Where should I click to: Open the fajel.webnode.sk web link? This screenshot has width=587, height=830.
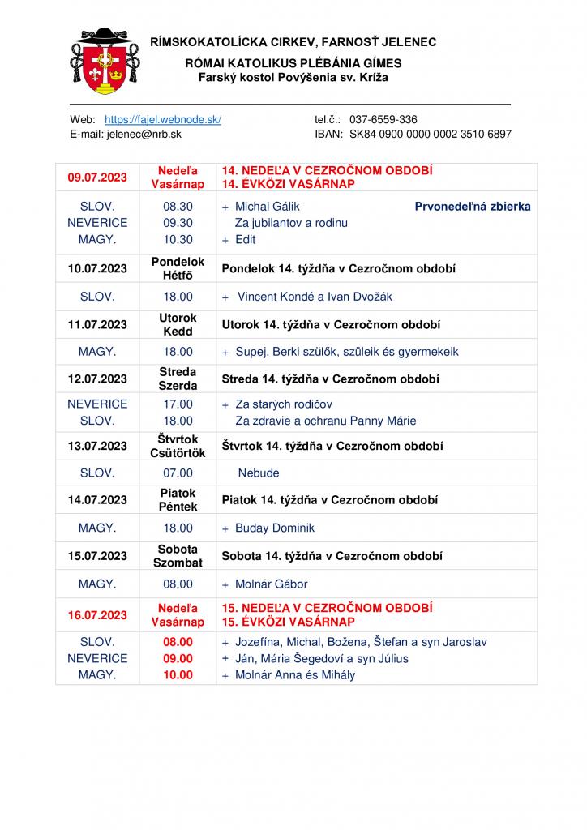point(163,119)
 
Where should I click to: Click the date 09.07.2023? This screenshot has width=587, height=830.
point(97,178)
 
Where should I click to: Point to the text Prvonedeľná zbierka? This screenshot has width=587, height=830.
point(473,207)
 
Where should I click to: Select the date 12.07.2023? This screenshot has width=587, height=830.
point(97,379)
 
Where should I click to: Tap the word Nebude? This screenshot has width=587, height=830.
point(259,473)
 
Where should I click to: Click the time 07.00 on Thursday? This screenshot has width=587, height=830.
point(178,473)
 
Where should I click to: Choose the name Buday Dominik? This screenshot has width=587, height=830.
point(275,528)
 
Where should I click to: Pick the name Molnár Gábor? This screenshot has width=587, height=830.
point(272,584)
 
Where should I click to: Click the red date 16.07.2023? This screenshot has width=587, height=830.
point(97,615)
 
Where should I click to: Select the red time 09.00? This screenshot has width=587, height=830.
point(178,658)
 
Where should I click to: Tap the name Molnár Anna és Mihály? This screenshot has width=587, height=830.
point(295,674)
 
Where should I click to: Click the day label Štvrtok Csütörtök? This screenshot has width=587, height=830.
point(178,447)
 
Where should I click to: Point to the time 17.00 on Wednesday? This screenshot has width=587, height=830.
point(178,404)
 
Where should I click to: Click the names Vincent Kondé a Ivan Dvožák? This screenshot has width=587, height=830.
point(315,297)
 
